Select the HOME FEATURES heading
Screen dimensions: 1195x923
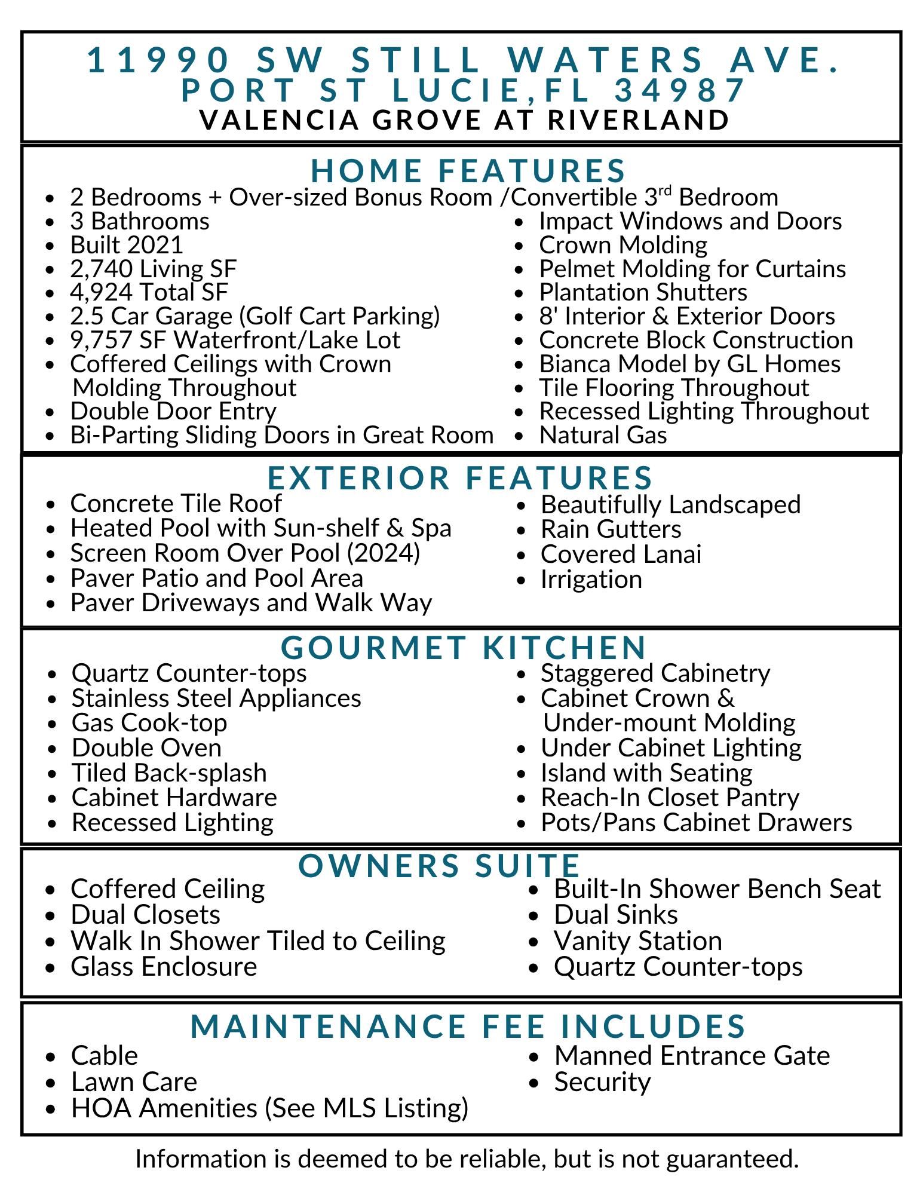pos(468,170)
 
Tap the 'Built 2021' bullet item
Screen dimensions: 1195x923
pos(127,245)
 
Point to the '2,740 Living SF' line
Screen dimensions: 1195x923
pos(154,269)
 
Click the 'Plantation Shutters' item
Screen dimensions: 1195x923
pos(643,292)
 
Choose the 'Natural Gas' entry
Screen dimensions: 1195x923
pos(603,435)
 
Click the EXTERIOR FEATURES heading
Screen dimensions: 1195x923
pos(461,477)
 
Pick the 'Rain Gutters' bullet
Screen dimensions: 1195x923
pos(611,529)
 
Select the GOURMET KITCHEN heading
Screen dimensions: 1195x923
pos(464,647)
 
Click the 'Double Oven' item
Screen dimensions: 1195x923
pos(146,748)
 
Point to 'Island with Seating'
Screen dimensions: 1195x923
pos(646,773)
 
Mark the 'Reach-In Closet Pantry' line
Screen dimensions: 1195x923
pos(670,798)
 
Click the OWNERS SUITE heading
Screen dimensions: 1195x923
pos(440,865)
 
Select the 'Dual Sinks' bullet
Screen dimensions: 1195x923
pos(615,915)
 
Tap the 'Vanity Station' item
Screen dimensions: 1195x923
pos(637,941)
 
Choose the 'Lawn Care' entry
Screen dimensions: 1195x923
pos(134,1082)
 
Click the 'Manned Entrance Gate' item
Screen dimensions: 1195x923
pos(692,1056)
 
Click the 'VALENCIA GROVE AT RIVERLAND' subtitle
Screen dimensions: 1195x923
pos(464,119)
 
